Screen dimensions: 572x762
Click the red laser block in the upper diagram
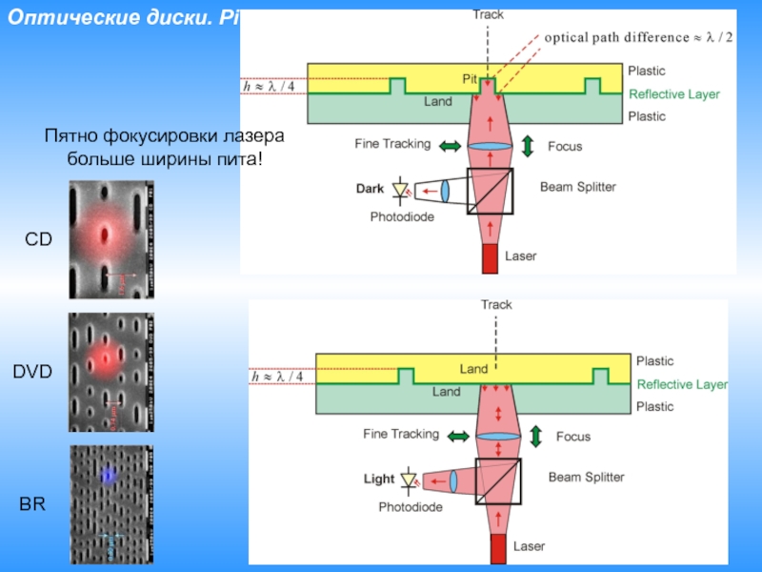[490, 256]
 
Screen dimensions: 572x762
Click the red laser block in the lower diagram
[497, 548]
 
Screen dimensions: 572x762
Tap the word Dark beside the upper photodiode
[370, 189]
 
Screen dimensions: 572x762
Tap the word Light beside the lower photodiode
[378, 479]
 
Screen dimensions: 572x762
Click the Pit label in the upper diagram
[470, 76]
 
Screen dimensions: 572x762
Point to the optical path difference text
[638, 37]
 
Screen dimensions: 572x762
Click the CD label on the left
[39, 242]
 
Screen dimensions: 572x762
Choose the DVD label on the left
[33, 372]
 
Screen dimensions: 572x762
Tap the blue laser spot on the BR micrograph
[110, 474]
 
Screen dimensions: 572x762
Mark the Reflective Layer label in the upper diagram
[674, 94]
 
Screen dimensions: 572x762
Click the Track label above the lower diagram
[496, 305]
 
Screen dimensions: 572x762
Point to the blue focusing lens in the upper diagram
[490, 146]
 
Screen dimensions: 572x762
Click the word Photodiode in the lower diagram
[410, 507]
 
